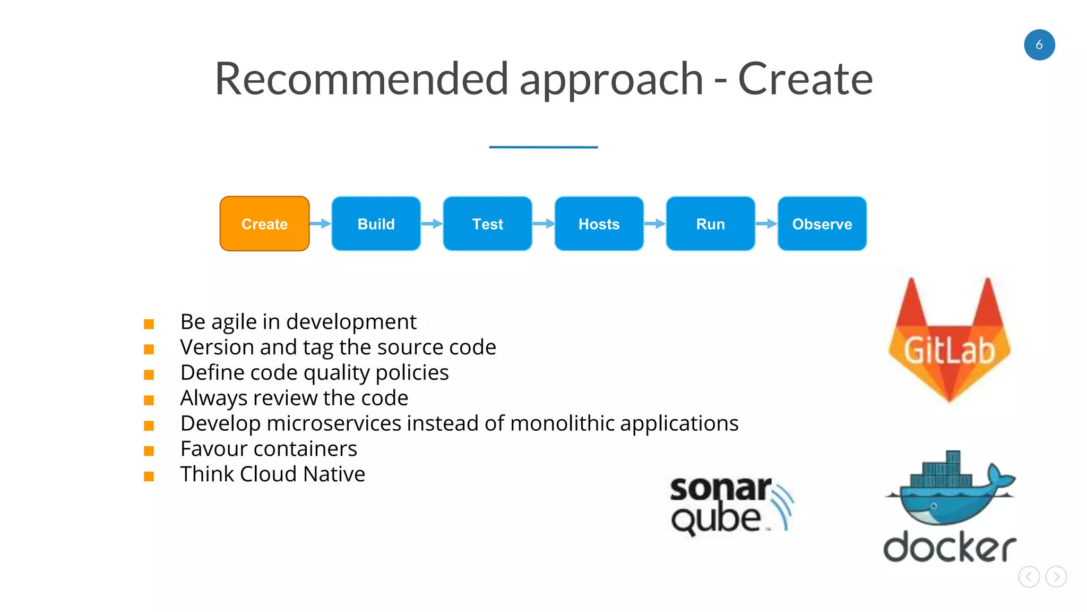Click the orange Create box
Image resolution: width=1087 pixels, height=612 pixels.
[x=264, y=224]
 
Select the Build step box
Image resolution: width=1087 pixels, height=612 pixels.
[x=376, y=224]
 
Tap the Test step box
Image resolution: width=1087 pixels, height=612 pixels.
[x=487, y=224]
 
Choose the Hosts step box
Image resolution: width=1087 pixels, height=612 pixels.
[x=599, y=224]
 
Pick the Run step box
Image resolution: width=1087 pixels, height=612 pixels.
[x=710, y=224]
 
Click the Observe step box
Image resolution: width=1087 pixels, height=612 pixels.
[x=822, y=224]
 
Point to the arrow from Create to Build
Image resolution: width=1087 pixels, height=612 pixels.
[x=320, y=224]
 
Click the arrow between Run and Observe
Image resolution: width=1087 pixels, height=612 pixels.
[x=766, y=224]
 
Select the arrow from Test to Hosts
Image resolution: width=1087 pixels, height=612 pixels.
[x=543, y=224]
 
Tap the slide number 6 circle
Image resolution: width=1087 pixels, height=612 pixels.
[x=1039, y=45]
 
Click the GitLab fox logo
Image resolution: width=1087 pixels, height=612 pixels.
[x=949, y=340]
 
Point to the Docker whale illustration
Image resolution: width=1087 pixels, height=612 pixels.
[x=950, y=489]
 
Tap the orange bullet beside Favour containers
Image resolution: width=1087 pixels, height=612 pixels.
[x=149, y=451]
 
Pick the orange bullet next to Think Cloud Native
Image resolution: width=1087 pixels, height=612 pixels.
[x=149, y=477]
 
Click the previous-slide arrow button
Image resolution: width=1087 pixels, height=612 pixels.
[x=1029, y=576]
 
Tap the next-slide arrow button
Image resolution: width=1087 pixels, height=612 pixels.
[x=1056, y=576]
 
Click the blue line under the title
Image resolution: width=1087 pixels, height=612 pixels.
[x=543, y=147]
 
